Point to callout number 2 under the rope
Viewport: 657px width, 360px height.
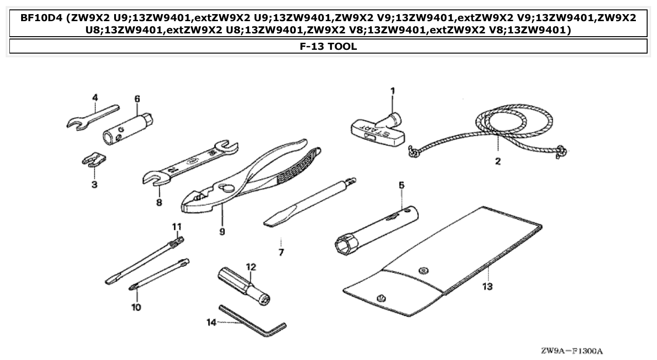[497, 162]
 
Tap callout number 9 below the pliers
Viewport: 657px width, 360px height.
[222, 232]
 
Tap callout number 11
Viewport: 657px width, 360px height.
[176, 227]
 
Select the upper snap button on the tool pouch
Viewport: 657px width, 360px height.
[424, 269]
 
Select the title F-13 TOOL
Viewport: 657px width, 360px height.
[328, 47]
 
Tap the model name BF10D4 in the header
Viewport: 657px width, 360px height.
[41, 18]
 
